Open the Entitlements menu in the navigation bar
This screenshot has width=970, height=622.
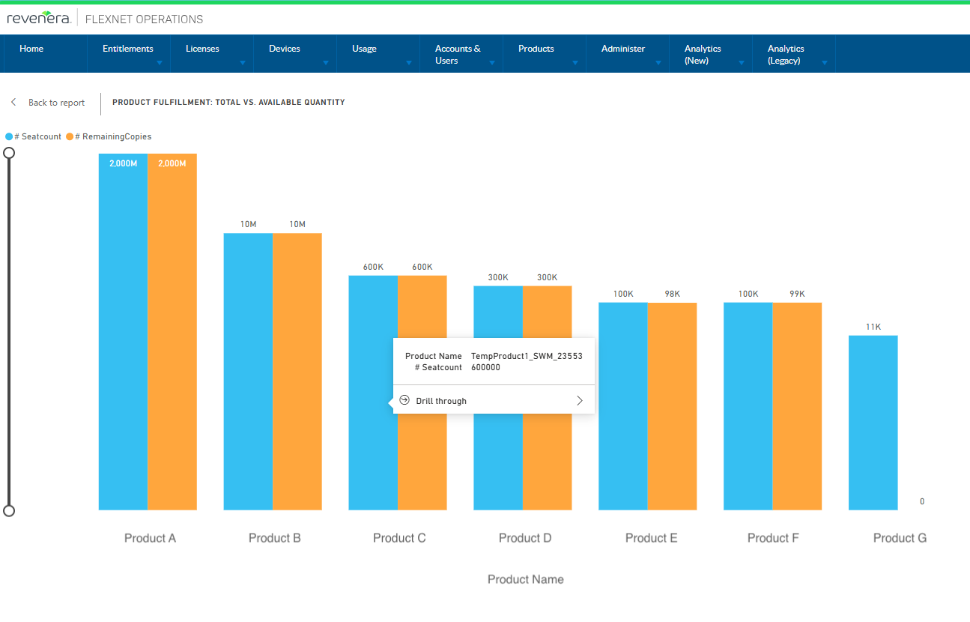(128, 49)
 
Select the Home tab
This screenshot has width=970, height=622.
(31, 49)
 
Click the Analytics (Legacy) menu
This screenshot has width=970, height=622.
(786, 55)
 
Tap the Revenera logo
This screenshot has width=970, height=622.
(39, 18)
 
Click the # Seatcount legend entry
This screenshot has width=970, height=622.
(37, 136)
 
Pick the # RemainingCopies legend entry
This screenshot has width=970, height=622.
(112, 136)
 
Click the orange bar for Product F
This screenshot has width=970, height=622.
(797, 405)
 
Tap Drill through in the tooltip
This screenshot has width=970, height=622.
(441, 401)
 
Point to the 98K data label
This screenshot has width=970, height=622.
(672, 294)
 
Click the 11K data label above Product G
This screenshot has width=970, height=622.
(873, 327)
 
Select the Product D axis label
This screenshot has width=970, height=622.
(525, 538)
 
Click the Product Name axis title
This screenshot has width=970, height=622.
(525, 579)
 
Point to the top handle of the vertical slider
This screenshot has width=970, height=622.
(9, 153)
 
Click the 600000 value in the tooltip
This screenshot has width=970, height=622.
(485, 367)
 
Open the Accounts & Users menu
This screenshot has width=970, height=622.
(458, 55)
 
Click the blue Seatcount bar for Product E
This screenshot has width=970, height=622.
(622, 405)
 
